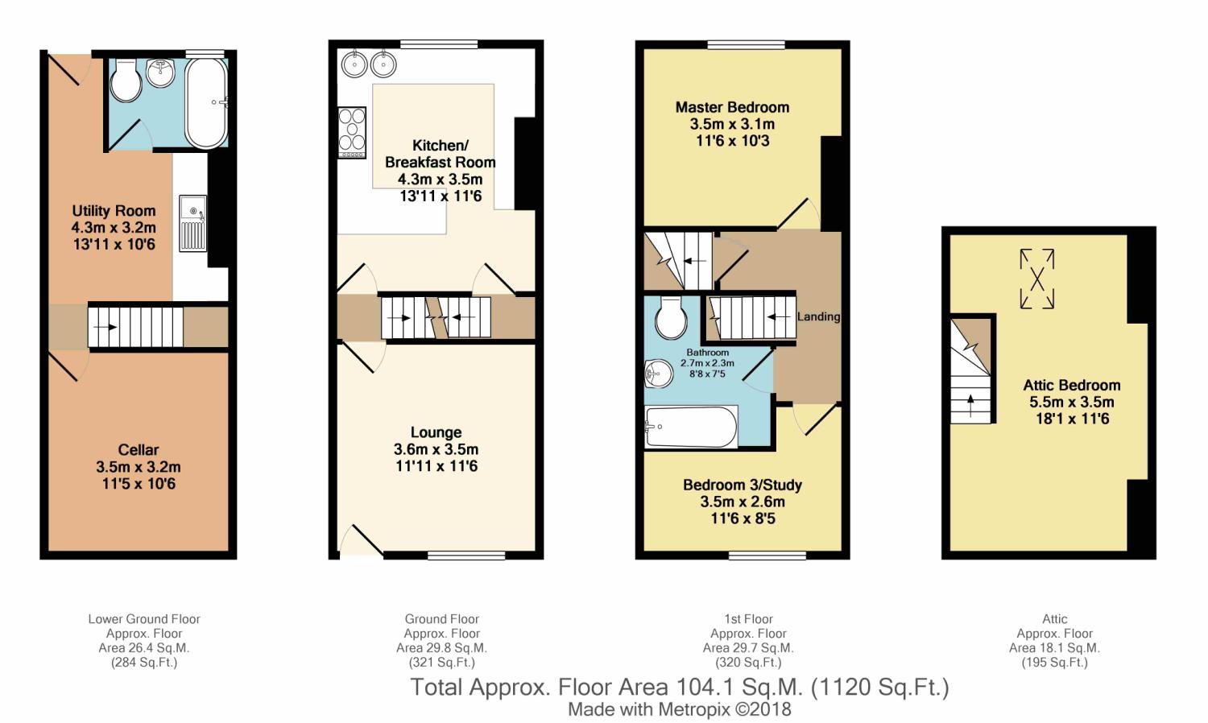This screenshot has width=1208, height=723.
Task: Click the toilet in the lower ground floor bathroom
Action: click(126, 81)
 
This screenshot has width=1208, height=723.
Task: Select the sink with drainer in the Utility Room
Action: click(192, 223)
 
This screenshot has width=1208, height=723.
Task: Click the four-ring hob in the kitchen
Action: click(351, 131)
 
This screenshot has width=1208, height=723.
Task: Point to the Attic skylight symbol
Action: click(1036, 279)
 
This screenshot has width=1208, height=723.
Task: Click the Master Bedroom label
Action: click(731, 107)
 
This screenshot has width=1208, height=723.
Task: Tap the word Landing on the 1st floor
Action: click(818, 316)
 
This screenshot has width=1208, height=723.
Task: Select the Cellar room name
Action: click(138, 449)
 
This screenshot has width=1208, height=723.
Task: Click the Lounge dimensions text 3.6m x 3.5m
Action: click(436, 449)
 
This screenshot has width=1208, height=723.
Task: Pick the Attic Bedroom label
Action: click(1071, 385)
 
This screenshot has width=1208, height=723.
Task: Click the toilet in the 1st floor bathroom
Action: click(671, 318)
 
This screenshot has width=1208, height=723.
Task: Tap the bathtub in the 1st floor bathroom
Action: click(692, 427)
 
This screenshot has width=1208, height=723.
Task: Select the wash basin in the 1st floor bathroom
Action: click(657, 373)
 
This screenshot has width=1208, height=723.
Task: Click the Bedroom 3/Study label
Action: click(742, 485)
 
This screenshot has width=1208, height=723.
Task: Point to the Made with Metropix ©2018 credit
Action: click(679, 709)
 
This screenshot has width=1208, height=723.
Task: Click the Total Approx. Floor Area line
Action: click(679, 687)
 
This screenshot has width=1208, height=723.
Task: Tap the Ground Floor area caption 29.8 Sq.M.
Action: click(441, 647)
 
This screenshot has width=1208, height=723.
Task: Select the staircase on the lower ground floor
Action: click(134, 326)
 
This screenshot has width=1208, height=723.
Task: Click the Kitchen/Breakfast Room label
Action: click(440, 154)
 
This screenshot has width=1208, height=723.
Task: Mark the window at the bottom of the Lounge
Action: click(466, 555)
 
